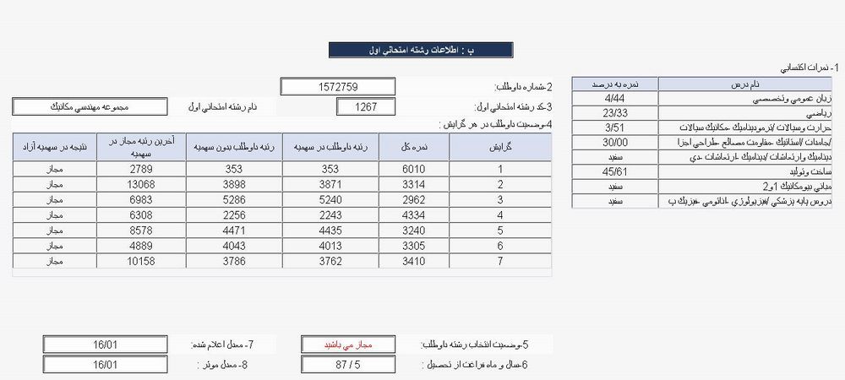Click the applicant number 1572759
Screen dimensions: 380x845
click(338, 87)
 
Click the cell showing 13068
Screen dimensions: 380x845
click(136, 184)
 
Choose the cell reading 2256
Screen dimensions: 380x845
click(234, 215)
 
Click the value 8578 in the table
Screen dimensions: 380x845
click(136, 231)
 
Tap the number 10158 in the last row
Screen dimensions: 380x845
click(136, 262)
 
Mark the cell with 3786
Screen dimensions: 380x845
click(234, 262)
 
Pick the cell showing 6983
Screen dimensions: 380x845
click(136, 200)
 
